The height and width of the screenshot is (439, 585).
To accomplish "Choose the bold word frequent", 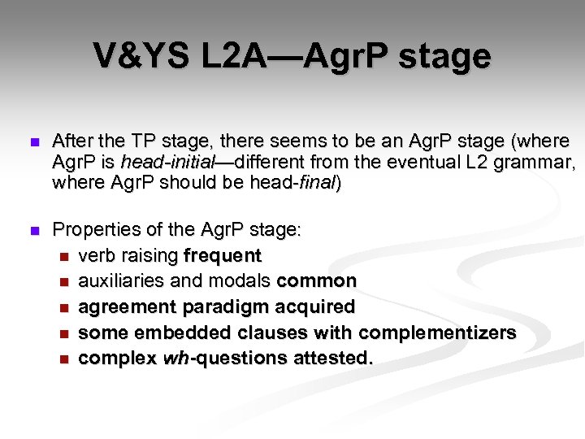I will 223,255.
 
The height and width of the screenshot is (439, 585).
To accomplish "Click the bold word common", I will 317,281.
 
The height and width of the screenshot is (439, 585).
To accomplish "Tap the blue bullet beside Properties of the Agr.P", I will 32,231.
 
